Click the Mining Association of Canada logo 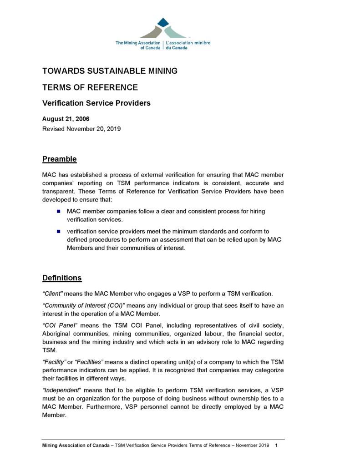tap(162, 35)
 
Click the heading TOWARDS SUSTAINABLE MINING tap(110, 71)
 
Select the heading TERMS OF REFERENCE tap(90, 87)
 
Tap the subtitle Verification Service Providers tap(96, 103)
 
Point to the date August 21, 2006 tap(66, 119)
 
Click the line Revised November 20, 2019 tap(81, 129)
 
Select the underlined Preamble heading tap(59, 159)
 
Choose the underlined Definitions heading tap(62, 278)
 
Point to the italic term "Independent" tap(61, 390)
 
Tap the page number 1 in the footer tap(277, 445)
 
